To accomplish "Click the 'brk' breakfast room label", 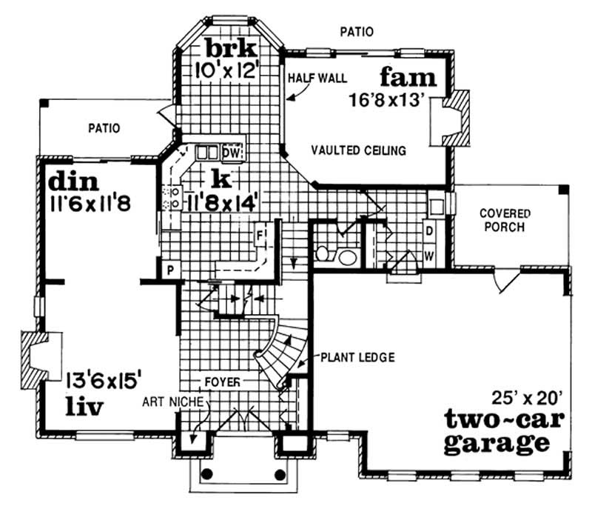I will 232,50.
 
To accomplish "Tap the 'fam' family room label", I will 409,77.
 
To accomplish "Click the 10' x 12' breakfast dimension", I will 230,70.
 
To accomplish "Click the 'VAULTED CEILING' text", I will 358,150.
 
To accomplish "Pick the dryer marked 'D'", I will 428,230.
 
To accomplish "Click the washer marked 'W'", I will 428,256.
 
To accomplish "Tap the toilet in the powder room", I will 325,254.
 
